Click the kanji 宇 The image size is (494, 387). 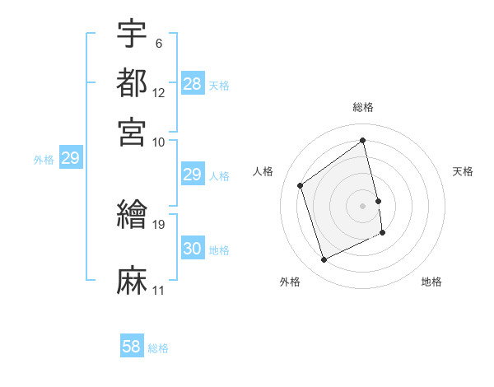point(133,35)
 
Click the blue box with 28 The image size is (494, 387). point(193,85)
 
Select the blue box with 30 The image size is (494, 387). point(193,249)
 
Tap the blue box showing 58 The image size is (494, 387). point(132,347)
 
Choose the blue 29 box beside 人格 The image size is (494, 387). point(193,175)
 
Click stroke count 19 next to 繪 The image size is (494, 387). point(159,223)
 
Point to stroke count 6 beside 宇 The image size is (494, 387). point(158,43)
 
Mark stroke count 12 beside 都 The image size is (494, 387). point(159,92)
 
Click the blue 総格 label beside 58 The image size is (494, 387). point(158,348)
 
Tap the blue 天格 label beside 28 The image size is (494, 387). point(219,86)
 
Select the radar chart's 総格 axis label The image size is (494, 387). point(363,107)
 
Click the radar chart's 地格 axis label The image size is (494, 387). point(431,282)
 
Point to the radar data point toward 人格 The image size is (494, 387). point(301,185)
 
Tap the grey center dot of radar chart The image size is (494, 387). point(363,205)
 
